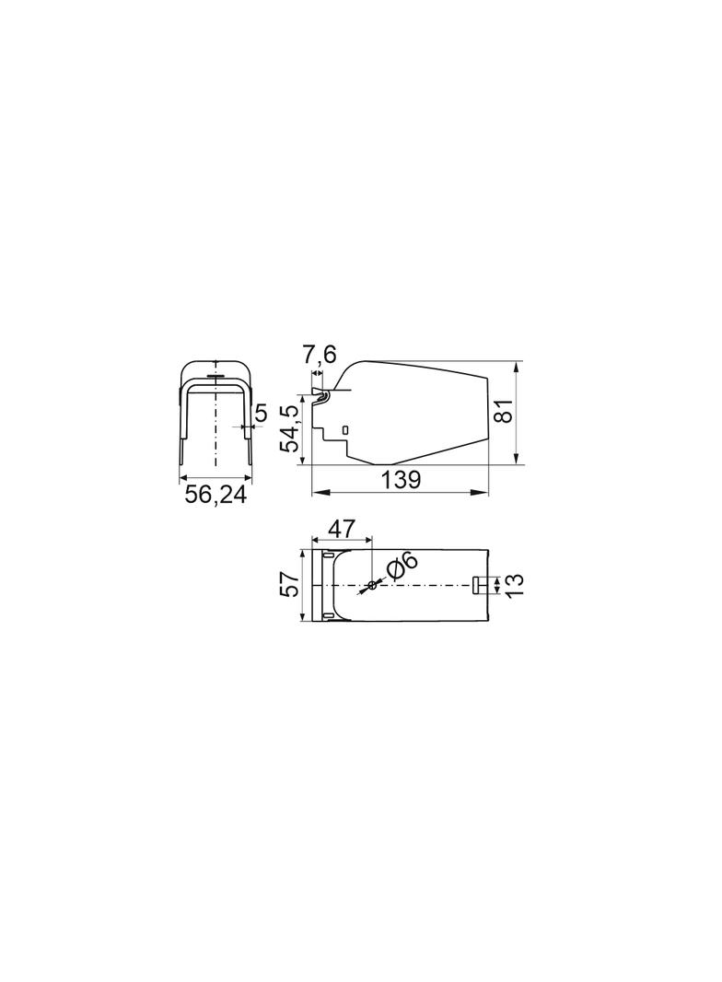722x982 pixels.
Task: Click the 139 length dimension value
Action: click(x=401, y=480)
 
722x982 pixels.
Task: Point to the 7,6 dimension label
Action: click(x=320, y=355)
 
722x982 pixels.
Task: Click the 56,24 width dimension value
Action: click(x=215, y=495)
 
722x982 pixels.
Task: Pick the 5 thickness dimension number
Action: click(x=262, y=413)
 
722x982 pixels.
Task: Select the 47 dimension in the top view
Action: click(x=341, y=529)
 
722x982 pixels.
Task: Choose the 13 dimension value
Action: click(x=514, y=586)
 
